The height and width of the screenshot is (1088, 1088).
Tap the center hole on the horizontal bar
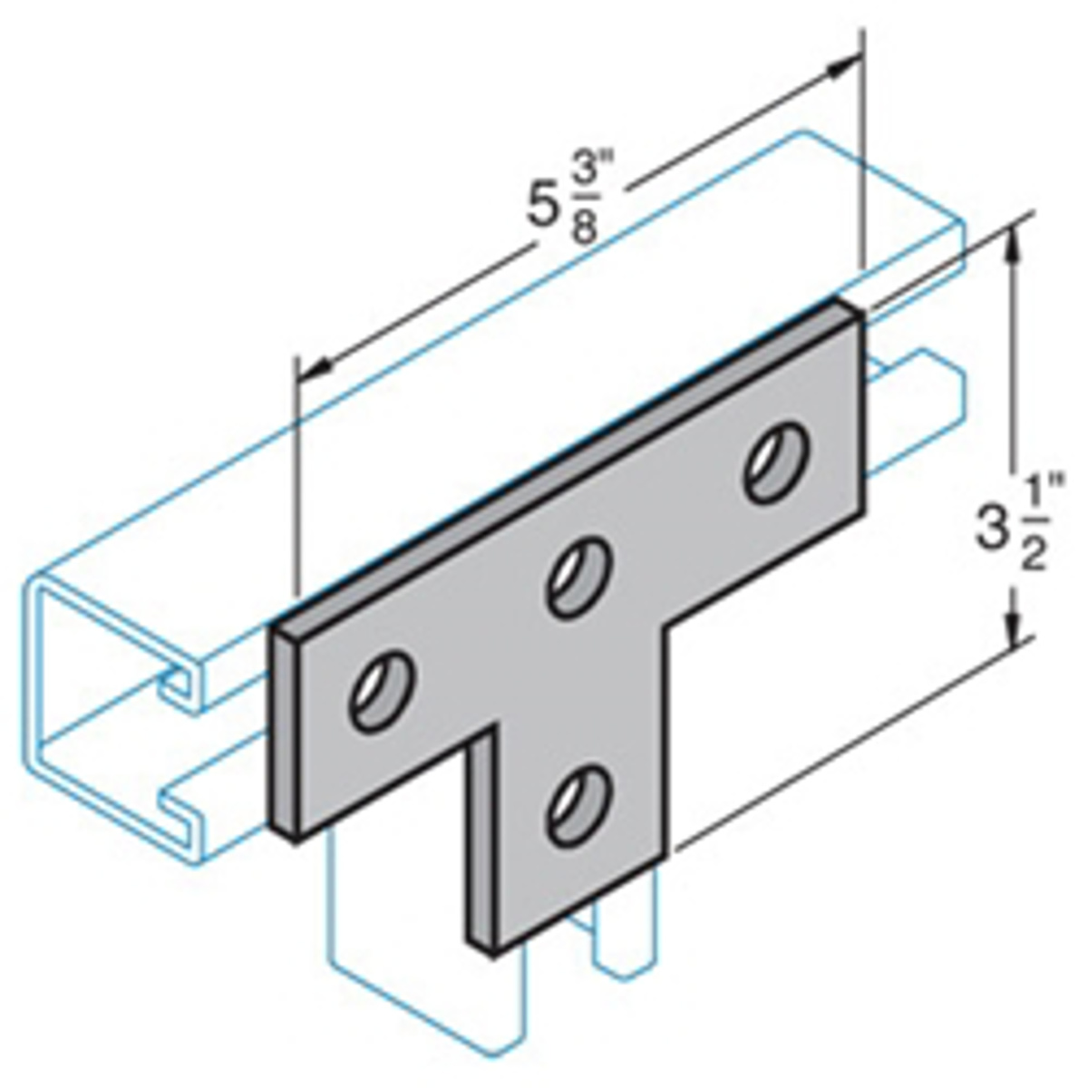coord(578,578)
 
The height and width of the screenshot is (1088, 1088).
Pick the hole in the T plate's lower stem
coord(578,804)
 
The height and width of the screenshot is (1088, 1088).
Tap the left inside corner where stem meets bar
coord(493,731)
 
